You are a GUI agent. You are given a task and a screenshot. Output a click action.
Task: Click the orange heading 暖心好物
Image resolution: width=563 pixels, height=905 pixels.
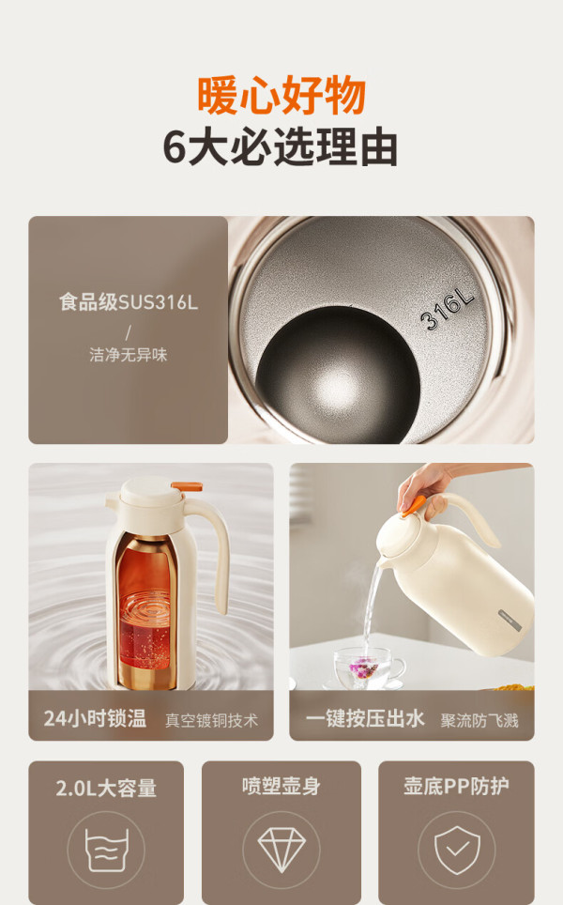tap(281, 94)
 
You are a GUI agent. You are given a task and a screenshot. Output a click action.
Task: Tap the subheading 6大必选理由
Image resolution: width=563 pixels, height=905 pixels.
tap(281, 147)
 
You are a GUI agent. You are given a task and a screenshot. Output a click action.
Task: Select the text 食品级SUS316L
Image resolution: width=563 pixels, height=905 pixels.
tap(128, 302)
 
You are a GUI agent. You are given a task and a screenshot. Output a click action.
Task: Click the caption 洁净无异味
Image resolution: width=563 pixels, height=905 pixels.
tap(128, 354)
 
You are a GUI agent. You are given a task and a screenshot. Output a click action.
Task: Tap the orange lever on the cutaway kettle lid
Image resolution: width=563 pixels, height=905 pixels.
tap(187, 486)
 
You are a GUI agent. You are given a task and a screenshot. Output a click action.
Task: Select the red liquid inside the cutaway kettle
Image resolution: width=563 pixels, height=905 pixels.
tap(145, 612)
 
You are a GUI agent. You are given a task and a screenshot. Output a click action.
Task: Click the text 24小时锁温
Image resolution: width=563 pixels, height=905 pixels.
tap(95, 718)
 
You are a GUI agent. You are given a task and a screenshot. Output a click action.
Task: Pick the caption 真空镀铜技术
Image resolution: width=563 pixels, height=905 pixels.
tap(212, 720)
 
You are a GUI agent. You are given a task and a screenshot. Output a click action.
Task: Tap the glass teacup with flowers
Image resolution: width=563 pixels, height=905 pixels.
tap(365, 667)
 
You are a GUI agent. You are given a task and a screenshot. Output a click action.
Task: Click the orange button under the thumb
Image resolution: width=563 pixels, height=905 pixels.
tap(414, 505)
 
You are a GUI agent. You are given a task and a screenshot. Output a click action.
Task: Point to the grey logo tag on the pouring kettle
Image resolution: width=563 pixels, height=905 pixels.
tap(510, 620)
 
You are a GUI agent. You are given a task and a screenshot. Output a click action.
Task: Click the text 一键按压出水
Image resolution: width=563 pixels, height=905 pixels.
tap(365, 718)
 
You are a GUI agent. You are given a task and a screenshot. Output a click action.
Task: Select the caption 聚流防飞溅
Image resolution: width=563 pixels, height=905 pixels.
tap(479, 720)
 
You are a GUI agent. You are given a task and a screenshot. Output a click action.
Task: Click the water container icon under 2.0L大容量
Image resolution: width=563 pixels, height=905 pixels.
tap(106, 851)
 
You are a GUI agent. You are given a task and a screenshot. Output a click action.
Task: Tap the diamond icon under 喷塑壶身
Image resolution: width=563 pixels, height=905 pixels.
tap(281, 849)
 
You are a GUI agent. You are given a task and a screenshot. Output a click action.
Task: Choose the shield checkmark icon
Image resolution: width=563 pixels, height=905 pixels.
tap(457, 850)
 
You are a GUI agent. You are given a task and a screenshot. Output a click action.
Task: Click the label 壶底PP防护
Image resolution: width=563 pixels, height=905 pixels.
tap(456, 786)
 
